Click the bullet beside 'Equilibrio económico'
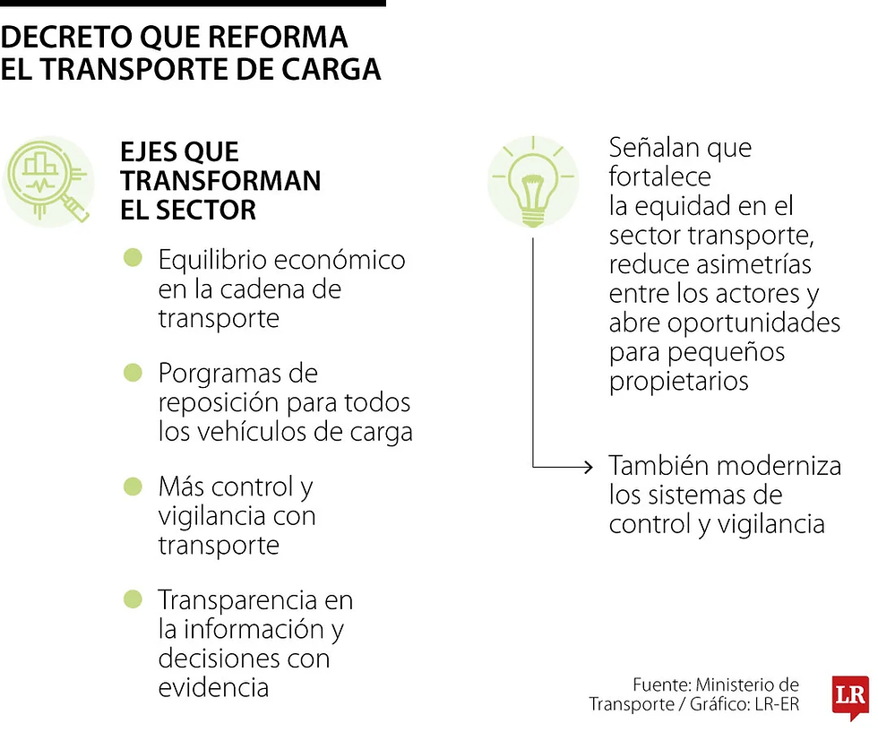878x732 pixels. (x=133, y=259)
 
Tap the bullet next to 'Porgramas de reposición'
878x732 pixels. (x=133, y=372)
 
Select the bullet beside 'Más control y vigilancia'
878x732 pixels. (x=133, y=487)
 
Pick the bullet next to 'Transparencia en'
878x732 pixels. (x=133, y=599)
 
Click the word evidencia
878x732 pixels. (x=213, y=687)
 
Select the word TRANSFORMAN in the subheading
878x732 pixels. (x=220, y=181)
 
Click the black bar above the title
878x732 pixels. (x=193, y=4)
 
